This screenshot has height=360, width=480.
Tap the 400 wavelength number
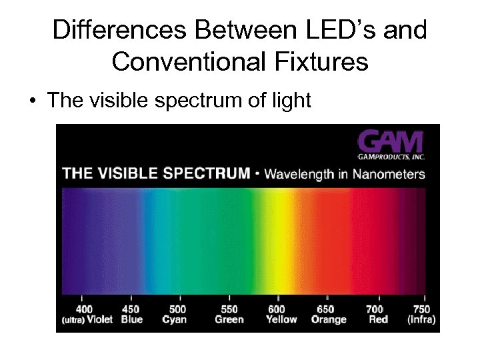(x=84, y=309)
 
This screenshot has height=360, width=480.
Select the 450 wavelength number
(x=131, y=309)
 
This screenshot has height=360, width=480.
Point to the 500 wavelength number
(x=178, y=309)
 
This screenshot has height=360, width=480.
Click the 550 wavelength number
(x=229, y=309)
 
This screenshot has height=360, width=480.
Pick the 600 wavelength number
(x=277, y=309)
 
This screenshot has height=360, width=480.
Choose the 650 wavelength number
(x=326, y=309)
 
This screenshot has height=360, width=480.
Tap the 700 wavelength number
(x=375, y=309)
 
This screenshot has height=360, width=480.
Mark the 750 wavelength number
(x=421, y=309)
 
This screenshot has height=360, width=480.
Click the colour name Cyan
(x=174, y=319)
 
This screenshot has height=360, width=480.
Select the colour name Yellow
(x=281, y=319)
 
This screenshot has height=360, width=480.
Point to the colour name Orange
(x=328, y=319)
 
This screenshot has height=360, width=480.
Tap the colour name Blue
(x=132, y=319)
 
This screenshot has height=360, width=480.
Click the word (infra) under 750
(x=421, y=319)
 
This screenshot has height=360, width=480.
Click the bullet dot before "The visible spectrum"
(x=31, y=101)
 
